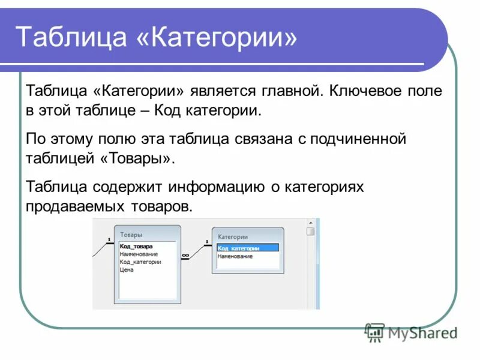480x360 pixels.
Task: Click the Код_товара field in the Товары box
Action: (x=136, y=246)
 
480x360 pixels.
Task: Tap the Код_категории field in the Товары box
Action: (x=140, y=262)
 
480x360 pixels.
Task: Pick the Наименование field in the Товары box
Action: (x=139, y=254)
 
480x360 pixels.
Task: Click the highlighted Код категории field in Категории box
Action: (x=238, y=248)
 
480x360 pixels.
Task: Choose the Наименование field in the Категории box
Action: (x=235, y=256)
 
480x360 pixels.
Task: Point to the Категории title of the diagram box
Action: (x=232, y=237)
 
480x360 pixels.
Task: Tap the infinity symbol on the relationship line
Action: (x=185, y=255)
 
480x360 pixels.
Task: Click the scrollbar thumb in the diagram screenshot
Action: (x=310, y=232)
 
